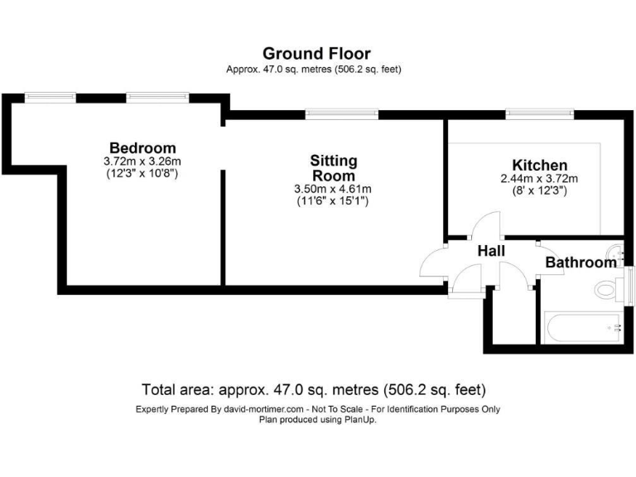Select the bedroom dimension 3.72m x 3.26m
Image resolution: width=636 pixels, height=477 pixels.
coord(142,161)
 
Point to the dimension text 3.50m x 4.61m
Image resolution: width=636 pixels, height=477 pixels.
coord(332,189)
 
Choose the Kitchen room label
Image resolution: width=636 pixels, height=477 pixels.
coord(539,165)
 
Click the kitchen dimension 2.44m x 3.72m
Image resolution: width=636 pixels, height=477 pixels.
coord(539,178)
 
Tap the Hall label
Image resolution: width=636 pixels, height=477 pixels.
coord(491,251)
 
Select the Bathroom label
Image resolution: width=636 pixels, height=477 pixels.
coord(580,263)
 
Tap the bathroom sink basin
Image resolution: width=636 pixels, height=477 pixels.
coord(614,252)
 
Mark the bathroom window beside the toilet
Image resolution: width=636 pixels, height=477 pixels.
coord(629,287)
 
